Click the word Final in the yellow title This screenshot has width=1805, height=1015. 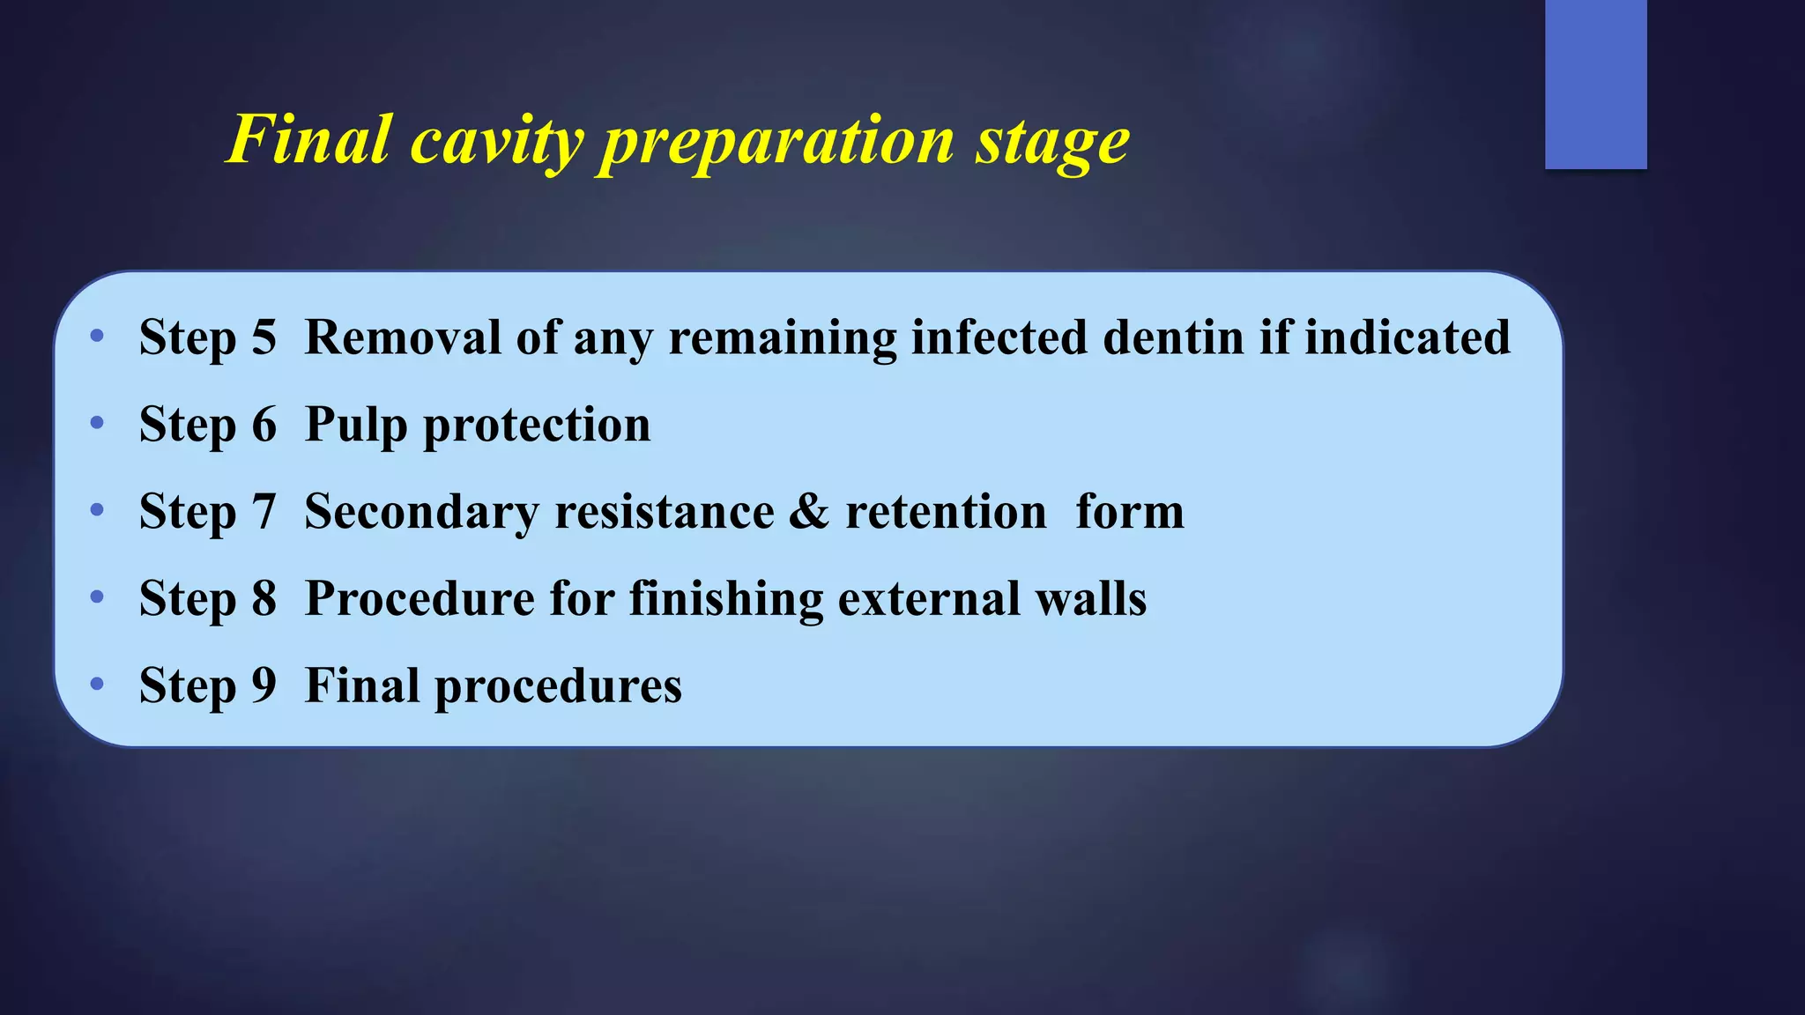(309, 139)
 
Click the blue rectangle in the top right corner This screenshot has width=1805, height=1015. (1595, 84)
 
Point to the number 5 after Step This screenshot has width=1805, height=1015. (264, 337)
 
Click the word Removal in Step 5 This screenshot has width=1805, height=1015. (403, 337)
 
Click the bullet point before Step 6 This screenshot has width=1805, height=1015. (97, 424)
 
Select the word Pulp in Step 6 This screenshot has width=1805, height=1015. (356, 426)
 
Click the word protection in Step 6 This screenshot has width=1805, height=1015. (537, 426)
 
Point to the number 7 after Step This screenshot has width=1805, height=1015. (264, 512)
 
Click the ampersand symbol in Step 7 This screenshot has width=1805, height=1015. (809, 512)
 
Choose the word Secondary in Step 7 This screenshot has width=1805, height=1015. (421, 512)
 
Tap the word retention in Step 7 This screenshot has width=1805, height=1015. (946, 512)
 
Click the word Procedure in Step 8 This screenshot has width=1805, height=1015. (420, 599)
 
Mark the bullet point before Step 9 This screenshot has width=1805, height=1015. (97, 684)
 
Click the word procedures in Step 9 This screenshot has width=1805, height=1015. (558, 686)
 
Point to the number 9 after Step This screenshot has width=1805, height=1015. (264, 685)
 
